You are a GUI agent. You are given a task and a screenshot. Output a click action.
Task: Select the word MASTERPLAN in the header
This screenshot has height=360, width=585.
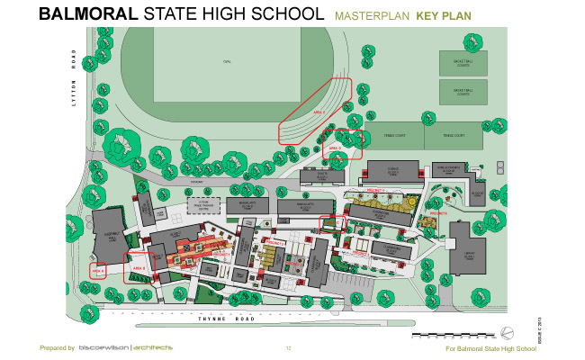[x=372, y=16]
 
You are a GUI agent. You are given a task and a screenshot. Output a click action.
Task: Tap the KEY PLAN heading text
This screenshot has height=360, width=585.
[x=443, y=16]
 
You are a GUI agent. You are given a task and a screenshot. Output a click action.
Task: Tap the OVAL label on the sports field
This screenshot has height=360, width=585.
[x=227, y=61]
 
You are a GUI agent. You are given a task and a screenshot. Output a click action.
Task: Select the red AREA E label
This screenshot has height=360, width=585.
[x=318, y=112]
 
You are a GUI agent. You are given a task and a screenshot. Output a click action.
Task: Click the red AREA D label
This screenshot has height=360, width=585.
[x=332, y=145]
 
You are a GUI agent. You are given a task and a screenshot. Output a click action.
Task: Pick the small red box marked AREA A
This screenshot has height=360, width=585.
[x=98, y=269]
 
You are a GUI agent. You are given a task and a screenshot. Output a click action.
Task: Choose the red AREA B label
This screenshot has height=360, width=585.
[x=139, y=268]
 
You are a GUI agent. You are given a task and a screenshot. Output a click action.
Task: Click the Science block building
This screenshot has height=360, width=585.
[x=392, y=170]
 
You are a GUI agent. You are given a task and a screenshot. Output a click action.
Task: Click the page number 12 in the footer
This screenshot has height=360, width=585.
[x=289, y=348]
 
